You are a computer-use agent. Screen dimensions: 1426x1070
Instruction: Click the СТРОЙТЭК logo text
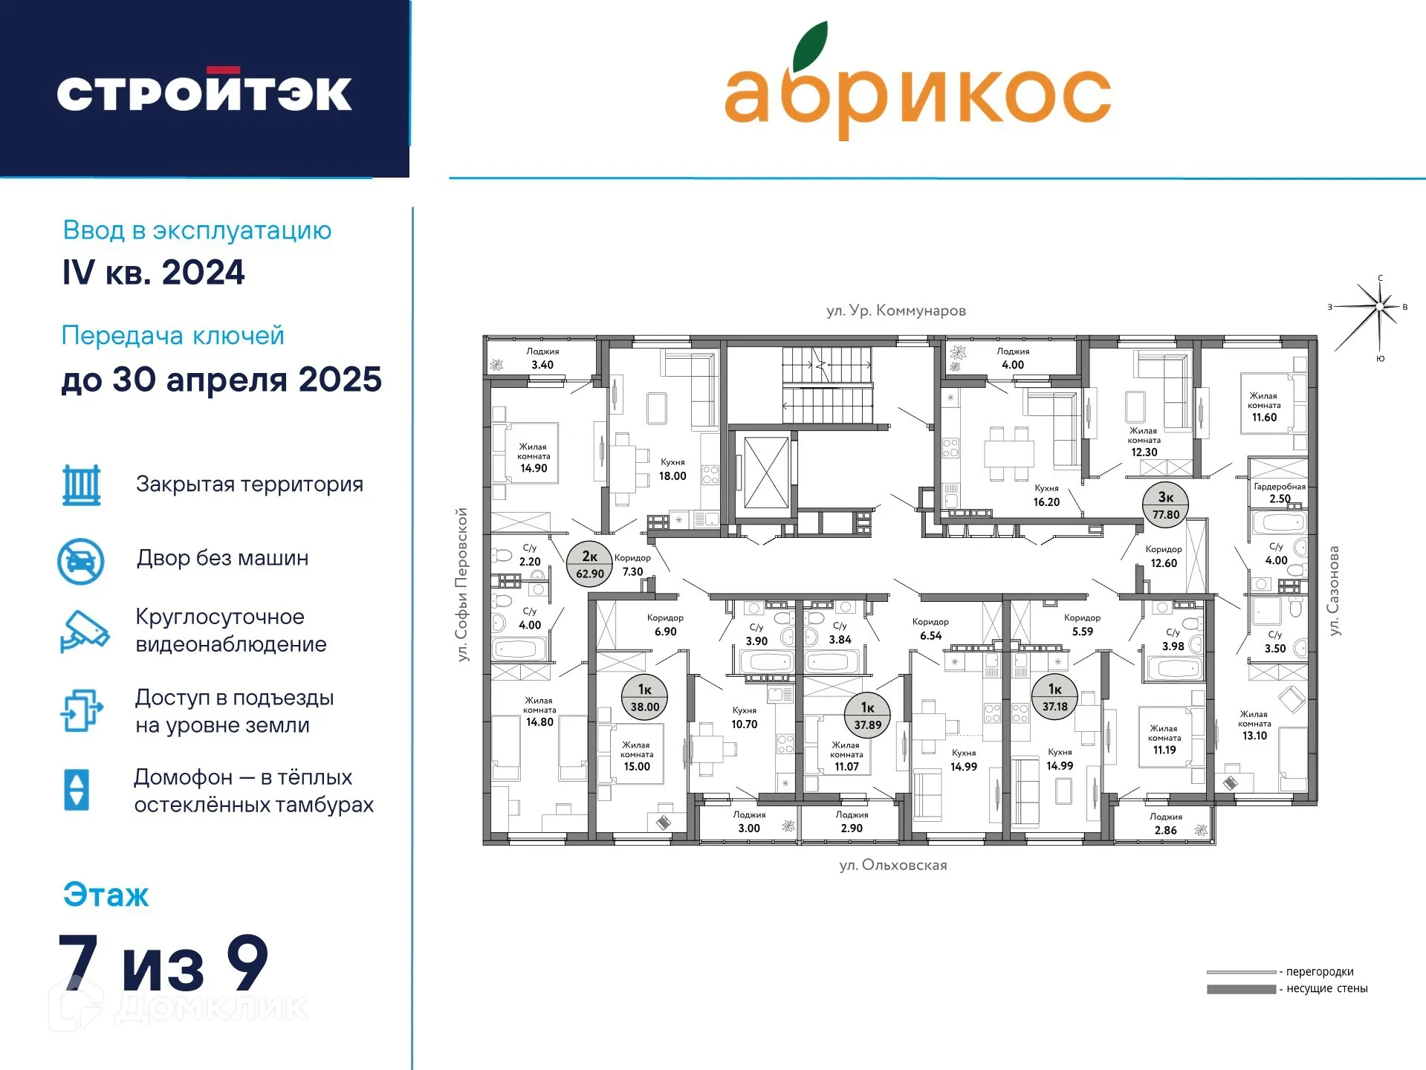(204, 91)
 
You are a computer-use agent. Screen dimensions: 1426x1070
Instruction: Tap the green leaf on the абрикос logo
(809, 46)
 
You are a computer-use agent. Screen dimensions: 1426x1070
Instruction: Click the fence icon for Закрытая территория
(81, 484)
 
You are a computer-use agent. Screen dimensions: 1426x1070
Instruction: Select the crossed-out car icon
(81, 561)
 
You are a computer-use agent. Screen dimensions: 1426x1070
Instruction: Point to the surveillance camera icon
(84, 632)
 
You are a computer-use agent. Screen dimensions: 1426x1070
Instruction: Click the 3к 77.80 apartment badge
(1166, 505)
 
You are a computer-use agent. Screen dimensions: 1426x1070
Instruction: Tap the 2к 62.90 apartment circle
(590, 565)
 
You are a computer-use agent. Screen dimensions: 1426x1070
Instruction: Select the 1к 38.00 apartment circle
(645, 698)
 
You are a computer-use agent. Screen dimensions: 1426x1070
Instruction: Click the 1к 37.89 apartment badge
(867, 716)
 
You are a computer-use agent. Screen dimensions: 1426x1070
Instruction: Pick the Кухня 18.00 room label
(673, 470)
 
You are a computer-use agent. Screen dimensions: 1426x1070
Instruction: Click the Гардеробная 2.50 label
(1280, 493)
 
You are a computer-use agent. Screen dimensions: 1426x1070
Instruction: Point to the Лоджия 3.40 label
(542, 358)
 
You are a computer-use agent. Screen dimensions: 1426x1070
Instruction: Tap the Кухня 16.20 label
(1046, 496)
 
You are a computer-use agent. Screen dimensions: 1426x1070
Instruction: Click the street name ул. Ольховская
(893, 865)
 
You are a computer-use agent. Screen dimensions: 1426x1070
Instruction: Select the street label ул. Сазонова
(1334, 591)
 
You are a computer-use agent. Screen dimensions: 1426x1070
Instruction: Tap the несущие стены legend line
(1241, 989)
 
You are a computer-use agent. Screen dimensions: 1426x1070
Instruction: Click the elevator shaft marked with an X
(766, 473)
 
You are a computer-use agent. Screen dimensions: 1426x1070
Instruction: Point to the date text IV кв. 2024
(154, 273)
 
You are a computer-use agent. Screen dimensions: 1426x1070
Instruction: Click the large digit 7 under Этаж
(78, 962)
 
